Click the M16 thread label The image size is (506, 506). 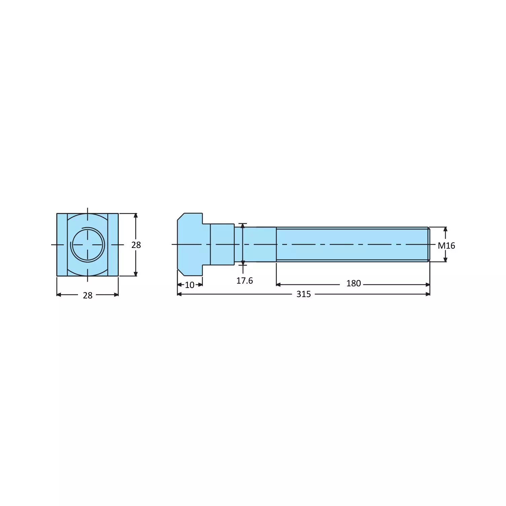(x=446, y=246)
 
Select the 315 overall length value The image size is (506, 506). (x=303, y=294)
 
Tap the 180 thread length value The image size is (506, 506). (x=353, y=284)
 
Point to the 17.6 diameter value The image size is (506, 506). (x=244, y=281)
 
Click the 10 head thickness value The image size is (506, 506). (x=190, y=285)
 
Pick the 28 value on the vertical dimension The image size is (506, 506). (x=136, y=245)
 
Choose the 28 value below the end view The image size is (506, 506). (x=87, y=295)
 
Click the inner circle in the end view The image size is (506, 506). (x=87, y=245)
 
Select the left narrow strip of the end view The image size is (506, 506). (x=62, y=245)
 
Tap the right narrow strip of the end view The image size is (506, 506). (x=113, y=245)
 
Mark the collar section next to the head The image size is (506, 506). (x=222, y=245)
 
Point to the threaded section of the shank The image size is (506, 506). (x=352, y=245)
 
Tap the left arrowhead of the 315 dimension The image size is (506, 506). (x=179, y=294)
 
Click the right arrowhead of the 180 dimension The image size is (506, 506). (x=428, y=285)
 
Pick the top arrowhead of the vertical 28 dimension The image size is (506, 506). (x=136, y=216)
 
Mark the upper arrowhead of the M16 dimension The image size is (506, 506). (x=445, y=229)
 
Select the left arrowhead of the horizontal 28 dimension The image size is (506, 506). (x=59, y=295)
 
